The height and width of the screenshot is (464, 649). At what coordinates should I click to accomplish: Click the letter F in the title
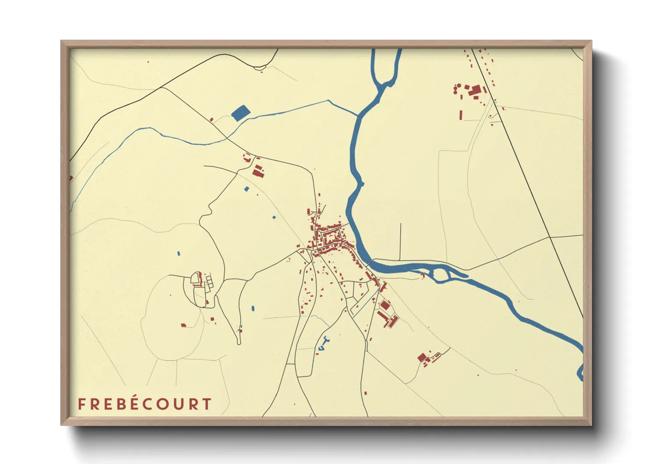pos(81,404)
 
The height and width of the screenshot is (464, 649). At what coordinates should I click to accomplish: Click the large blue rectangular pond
pos(239,113)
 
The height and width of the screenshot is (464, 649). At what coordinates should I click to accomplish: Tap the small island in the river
pos(442,275)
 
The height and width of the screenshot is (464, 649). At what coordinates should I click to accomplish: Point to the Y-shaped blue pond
pos(324,343)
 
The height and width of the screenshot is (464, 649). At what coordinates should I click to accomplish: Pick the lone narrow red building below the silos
pos(460,114)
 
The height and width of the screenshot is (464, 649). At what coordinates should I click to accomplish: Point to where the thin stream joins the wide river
pos(357,116)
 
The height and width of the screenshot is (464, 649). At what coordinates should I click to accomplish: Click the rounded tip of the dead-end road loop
pos(239,342)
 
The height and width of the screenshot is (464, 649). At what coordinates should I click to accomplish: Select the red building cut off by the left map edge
pos(71,178)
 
